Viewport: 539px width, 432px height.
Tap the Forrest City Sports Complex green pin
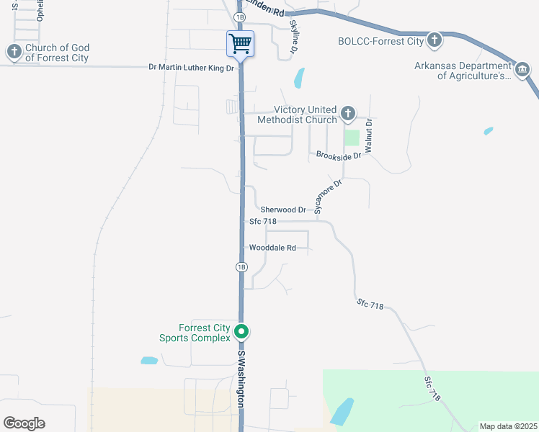(x=242, y=332)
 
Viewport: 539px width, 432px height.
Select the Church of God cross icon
(x=14, y=51)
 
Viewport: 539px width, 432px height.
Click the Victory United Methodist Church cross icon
(x=347, y=113)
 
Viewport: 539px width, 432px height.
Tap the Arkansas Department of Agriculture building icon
(x=521, y=69)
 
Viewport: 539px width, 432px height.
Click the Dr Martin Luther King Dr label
(x=191, y=68)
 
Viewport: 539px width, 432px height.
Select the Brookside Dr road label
(x=338, y=155)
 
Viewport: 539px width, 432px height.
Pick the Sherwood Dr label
(x=283, y=210)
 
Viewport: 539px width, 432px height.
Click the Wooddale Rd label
(x=272, y=248)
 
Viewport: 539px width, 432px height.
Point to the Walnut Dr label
(x=368, y=135)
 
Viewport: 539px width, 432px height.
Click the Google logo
(x=24, y=423)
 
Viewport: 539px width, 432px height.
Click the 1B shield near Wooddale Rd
(x=241, y=267)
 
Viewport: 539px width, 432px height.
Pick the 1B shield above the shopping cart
(x=240, y=16)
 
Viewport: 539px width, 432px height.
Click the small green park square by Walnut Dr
(x=352, y=137)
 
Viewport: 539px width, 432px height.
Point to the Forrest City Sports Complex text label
(x=195, y=333)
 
